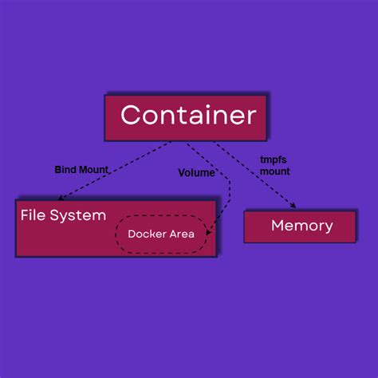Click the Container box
point(186,117)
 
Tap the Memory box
point(301,226)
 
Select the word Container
point(188,116)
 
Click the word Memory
point(301,226)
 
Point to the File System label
point(63,215)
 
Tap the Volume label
point(195,172)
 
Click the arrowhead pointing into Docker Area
point(209,232)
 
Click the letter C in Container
point(130,116)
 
